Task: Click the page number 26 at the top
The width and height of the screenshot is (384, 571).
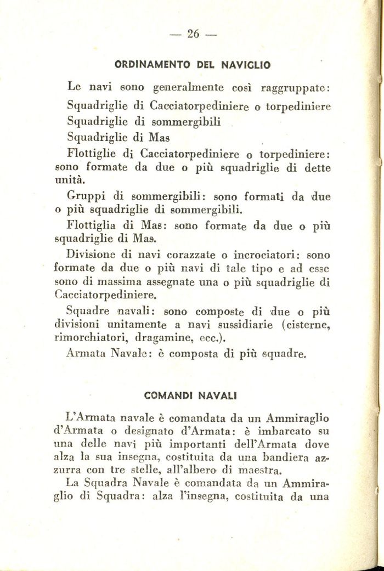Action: (x=193, y=34)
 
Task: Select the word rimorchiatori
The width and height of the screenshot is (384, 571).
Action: (x=90, y=338)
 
